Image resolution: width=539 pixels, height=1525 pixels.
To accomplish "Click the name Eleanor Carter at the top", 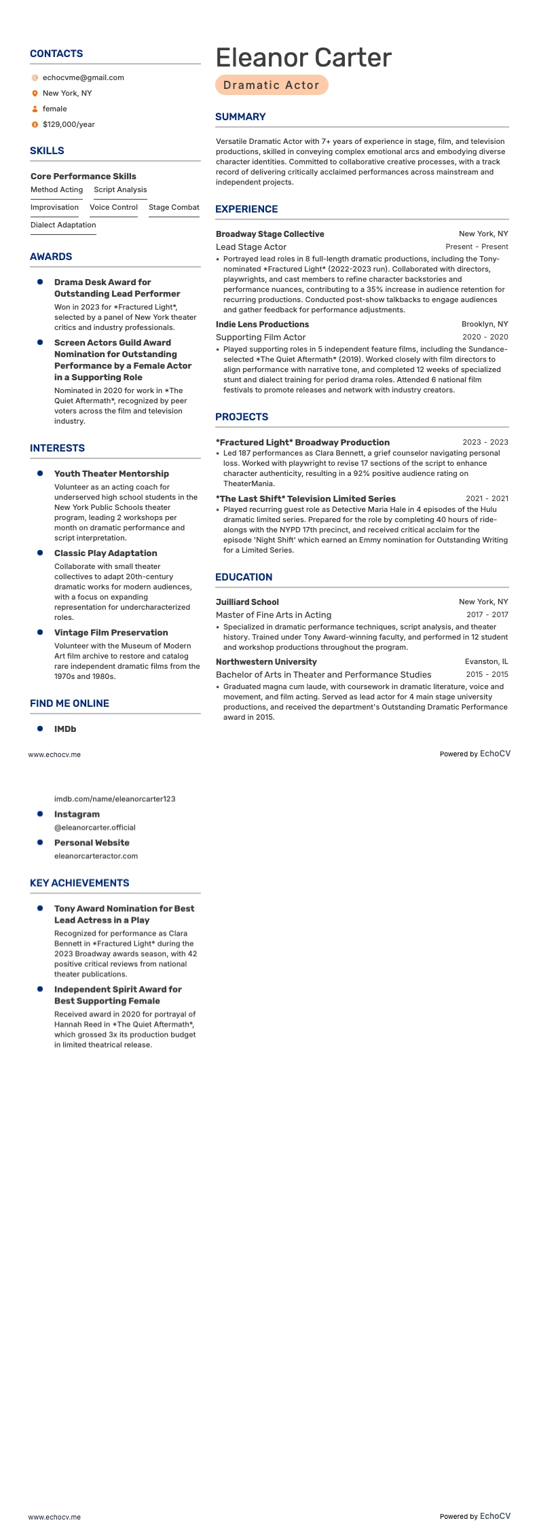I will tap(303, 58).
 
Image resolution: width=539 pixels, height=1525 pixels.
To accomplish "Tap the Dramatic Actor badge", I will tap(272, 85).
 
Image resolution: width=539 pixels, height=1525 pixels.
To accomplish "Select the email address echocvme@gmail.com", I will tap(83, 78).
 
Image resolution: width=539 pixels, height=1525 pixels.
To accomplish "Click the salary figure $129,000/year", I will tap(69, 125).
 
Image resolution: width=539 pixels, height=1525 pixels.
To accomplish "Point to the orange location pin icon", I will tap(35, 94).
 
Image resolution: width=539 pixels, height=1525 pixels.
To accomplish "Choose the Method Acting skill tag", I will tap(56, 190).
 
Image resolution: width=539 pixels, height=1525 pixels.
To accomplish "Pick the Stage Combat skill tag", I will tap(174, 208).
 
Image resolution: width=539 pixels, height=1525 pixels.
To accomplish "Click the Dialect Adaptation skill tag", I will tap(63, 225).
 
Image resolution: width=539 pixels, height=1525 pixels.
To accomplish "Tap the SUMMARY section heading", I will tap(240, 117).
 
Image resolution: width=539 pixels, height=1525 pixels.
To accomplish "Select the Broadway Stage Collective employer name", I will tap(269, 234).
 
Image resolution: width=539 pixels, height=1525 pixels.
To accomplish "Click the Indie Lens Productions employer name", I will tap(262, 325).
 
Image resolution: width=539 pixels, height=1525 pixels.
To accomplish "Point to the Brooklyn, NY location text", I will tap(485, 325).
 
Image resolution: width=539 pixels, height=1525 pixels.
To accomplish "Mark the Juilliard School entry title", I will tap(247, 602).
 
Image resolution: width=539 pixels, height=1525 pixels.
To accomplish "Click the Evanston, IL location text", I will tap(486, 662).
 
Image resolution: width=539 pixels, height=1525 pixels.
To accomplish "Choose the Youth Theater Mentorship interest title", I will tap(111, 474).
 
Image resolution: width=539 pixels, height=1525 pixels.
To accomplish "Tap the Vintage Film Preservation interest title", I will tap(111, 633).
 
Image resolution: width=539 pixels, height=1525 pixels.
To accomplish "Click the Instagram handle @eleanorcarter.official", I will tap(95, 828).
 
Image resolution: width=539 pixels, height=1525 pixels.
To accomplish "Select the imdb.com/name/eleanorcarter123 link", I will tap(115, 799).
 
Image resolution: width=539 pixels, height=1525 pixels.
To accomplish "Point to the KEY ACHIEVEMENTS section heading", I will tap(79, 883).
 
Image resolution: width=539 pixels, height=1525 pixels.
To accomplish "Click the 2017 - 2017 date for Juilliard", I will tap(487, 615).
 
